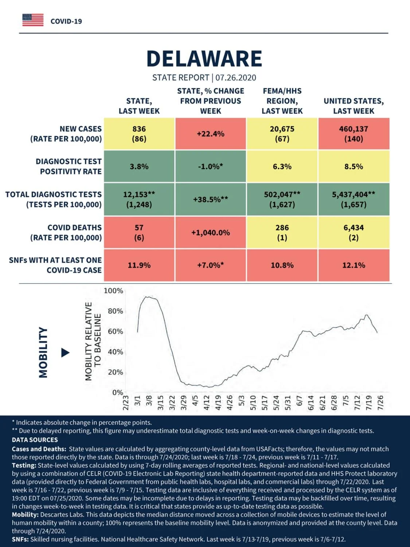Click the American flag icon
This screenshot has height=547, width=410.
pyautogui.click(x=33, y=20)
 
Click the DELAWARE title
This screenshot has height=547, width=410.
pyautogui.click(x=204, y=59)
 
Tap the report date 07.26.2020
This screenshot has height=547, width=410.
pyautogui.click(x=236, y=78)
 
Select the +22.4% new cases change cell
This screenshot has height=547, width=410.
pyautogui.click(x=211, y=134)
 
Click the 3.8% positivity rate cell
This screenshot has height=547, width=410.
pyautogui.click(x=139, y=166)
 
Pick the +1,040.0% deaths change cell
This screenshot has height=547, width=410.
pyautogui.click(x=211, y=233)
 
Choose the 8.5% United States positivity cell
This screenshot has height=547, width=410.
pyautogui.click(x=354, y=166)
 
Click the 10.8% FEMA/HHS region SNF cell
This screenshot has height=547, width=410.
pyautogui.click(x=282, y=265)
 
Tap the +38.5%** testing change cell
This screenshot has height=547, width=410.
pyautogui.click(x=211, y=199)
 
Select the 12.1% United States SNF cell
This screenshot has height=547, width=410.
pyautogui.click(x=354, y=265)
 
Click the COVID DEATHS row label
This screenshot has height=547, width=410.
pyautogui.click(x=66, y=233)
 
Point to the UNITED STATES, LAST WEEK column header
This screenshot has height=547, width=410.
pyautogui.click(x=354, y=106)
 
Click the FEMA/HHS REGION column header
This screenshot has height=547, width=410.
pyautogui.click(x=282, y=101)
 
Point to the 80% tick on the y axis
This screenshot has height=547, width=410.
pyautogui.click(x=116, y=311)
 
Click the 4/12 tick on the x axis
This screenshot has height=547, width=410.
pyautogui.click(x=207, y=402)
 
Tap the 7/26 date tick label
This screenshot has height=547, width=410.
pyautogui.click(x=380, y=402)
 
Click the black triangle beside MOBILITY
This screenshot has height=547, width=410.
pyautogui.click(x=65, y=353)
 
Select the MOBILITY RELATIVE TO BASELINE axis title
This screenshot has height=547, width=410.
pyautogui.click(x=93, y=341)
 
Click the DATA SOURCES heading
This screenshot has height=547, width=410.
pyautogui.click(x=35, y=439)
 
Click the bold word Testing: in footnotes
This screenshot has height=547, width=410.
pyautogui.click(x=24, y=465)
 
